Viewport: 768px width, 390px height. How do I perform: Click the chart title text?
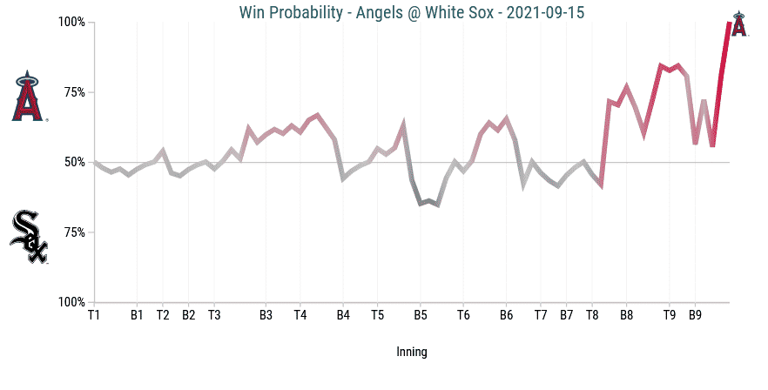pos(411,11)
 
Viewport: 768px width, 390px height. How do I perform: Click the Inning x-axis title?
pos(411,352)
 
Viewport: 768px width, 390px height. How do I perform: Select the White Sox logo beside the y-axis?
pos(28,236)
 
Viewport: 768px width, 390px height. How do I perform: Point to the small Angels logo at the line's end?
pos(738,24)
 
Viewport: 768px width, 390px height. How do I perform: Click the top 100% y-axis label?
pos(71,22)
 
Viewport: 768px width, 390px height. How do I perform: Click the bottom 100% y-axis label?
pos(71,303)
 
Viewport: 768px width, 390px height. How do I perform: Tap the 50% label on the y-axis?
pos(74,163)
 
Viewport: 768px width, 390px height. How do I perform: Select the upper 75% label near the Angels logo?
pos(74,92)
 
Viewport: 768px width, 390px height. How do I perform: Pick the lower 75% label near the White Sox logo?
pos(74,232)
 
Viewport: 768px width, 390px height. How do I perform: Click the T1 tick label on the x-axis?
pos(93,315)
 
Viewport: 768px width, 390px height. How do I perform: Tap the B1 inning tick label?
pos(137,315)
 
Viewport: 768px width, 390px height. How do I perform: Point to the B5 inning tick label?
pos(421,315)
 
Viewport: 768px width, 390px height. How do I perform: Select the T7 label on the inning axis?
pos(541,315)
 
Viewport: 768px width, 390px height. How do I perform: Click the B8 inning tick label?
pos(626,315)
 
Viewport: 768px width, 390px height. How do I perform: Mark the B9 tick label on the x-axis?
pos(695,315)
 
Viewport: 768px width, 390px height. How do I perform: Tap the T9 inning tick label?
pos(669,315)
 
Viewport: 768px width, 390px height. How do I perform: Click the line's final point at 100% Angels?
pos(729,24)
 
